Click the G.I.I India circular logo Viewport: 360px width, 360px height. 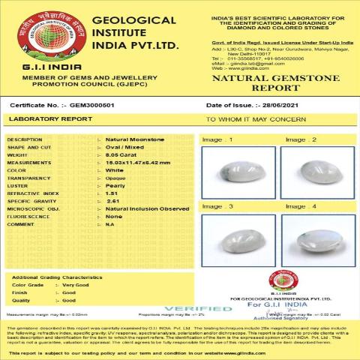[45, 35]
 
